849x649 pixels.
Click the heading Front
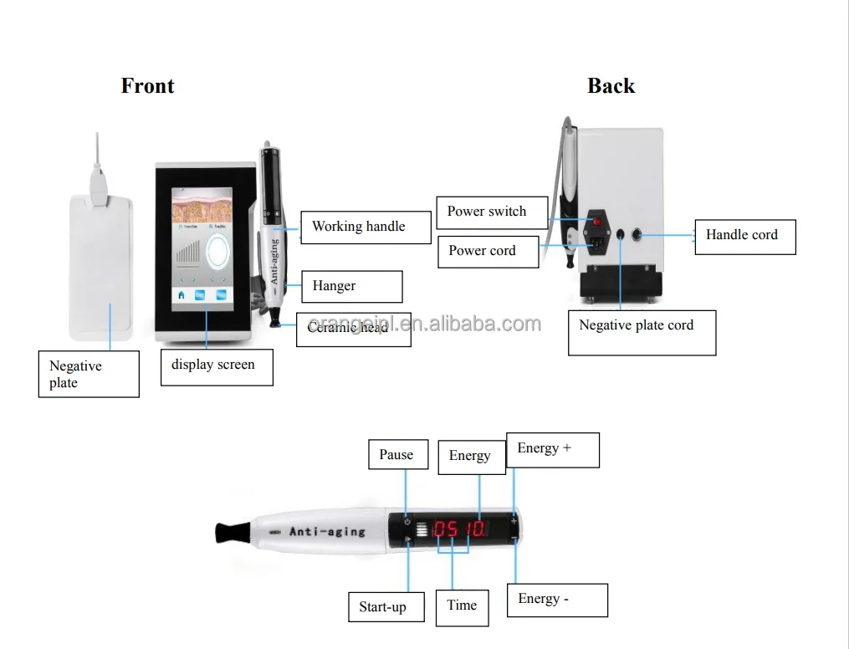click(147, 85)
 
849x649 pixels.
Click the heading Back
click(611, 85)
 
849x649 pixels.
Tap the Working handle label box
click(366, 227)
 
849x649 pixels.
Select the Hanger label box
click(351, 286)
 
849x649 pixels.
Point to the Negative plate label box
click(88, 374)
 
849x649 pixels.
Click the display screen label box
click(216, 365)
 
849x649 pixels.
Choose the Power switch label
click(492, 212)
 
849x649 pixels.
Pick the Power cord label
click(488, 251)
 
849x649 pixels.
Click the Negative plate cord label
click(641, 332)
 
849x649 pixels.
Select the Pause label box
click(397, 455)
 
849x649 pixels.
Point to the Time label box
click(462, 606)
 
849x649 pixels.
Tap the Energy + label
click(552, 449)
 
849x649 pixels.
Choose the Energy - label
click(556, 600)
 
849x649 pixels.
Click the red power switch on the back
click(596, 222)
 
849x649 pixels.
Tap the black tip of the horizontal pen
click(230, 531)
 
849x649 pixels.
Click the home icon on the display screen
click(181, 295)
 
